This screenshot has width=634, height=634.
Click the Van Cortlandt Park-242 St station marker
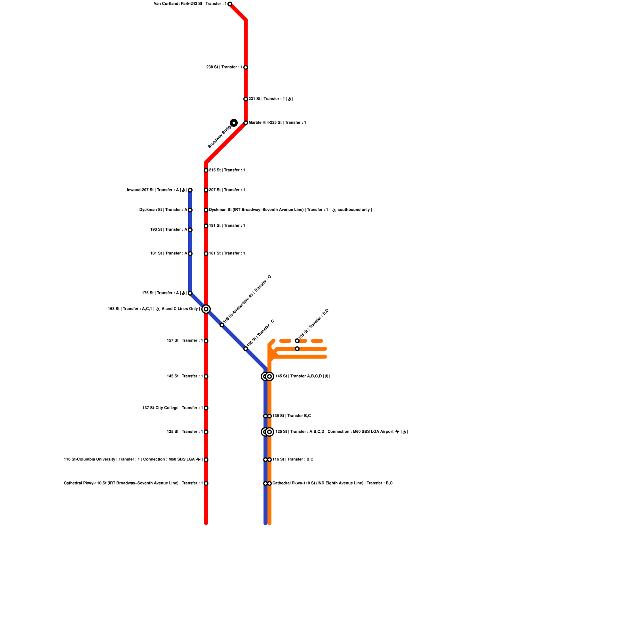(230, 4)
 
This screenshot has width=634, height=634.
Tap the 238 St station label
(224, 67)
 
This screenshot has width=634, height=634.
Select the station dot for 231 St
(246, 99)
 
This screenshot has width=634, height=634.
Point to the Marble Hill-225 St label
(277, 123)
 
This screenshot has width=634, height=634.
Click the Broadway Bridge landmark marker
(234, 123)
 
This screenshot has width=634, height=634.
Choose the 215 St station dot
(206, 170)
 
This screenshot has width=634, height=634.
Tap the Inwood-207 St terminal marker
(190, 190)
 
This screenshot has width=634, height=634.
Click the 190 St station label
(169, 230)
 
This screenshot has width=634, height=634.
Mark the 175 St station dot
(190, 293)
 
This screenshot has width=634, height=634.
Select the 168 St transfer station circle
(206, 309)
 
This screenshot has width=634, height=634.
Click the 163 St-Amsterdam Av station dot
(222, 325)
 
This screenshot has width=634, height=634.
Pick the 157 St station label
(185, 341)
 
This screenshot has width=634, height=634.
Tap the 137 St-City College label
(173, 408)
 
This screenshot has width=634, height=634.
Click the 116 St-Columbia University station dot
(206, 460)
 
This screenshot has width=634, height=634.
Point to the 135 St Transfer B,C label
(292, 416)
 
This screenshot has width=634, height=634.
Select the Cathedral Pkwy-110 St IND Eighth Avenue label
(332, 483)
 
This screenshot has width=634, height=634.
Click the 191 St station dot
(206, 226)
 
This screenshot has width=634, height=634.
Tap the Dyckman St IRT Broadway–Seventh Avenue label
(290, 210)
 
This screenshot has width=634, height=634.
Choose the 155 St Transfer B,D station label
(313, 324)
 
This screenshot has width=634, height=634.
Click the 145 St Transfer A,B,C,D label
(303, 376)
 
